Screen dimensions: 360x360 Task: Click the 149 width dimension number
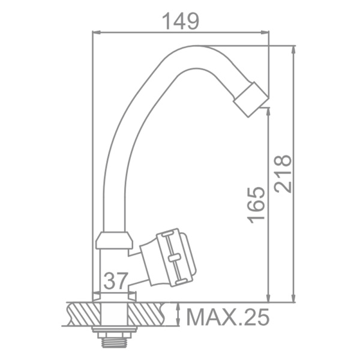181,21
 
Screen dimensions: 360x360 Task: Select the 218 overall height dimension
283,173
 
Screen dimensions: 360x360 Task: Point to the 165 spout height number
256,205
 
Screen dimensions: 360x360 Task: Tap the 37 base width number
115,281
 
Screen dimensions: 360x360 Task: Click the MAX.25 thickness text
227,317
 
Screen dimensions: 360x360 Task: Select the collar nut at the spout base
114,241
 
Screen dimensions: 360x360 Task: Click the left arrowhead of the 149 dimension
96,32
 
